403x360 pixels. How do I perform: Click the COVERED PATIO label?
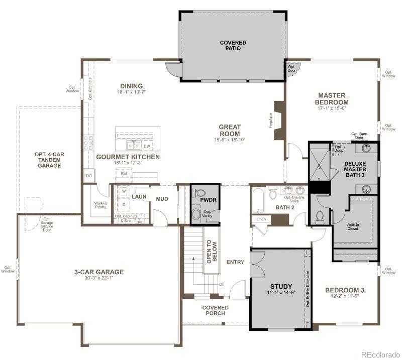[233, 45]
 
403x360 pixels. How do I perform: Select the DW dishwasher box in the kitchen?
[147, 146]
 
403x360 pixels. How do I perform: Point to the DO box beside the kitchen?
[89, 176]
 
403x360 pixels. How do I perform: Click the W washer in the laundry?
[124, 192]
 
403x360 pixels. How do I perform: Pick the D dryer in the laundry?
[124, 204]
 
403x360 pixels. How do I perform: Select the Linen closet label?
[261, 219]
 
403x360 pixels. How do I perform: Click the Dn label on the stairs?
[222, 284]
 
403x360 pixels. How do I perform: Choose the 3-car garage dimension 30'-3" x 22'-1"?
[98, 279]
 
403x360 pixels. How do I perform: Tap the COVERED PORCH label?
[216, 310]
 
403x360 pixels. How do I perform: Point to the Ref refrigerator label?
[124, 173]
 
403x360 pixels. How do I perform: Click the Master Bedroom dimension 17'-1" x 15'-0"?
[332, 108]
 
